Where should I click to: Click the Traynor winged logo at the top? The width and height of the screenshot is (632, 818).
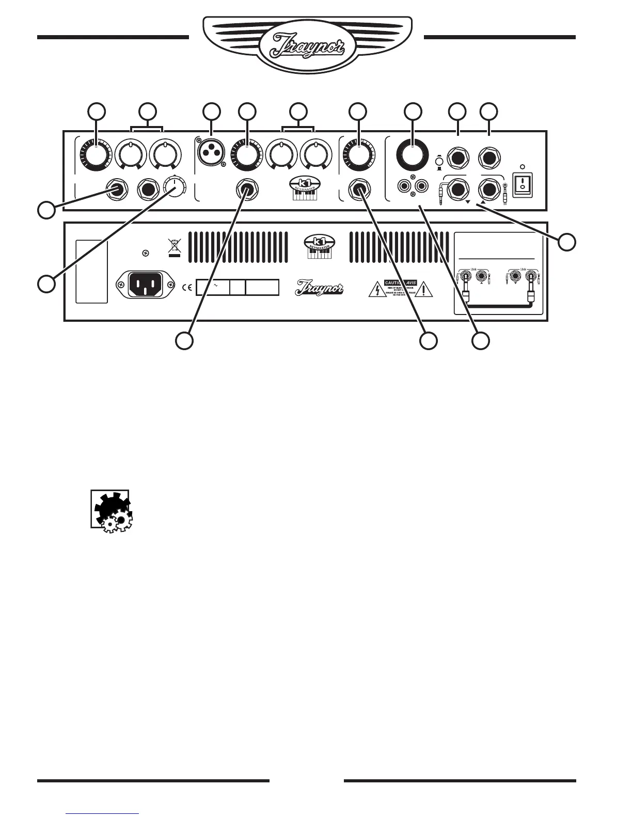307,44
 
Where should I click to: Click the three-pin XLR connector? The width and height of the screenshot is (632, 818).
211,153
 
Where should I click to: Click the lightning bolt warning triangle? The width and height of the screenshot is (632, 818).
376,290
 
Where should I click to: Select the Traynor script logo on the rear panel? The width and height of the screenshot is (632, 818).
319,288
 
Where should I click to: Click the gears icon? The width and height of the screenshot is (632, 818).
111,510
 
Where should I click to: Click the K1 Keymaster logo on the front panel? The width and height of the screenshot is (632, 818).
305,190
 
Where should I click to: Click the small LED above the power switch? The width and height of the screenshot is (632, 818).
523,167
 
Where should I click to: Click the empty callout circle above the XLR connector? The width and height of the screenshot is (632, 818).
211,111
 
